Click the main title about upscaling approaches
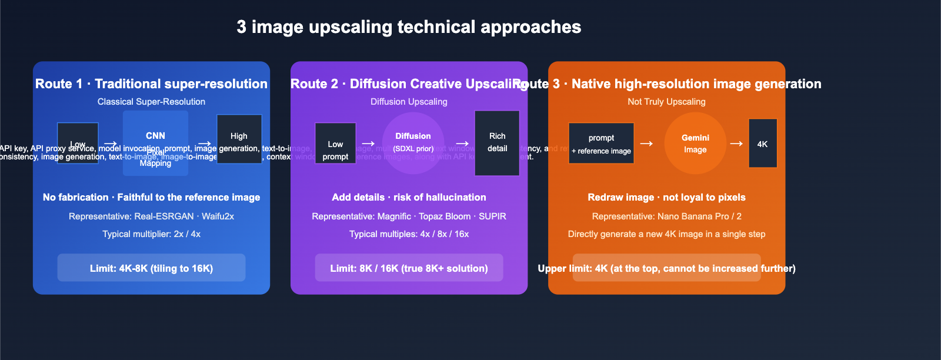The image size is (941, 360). coord(409,27)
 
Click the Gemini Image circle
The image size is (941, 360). coord(695,144)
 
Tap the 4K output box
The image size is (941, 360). coord(762,144)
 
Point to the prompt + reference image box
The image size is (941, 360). coord(601,144)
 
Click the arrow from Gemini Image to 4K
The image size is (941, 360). coord(736,144)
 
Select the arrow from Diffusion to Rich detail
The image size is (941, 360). coord(462,144)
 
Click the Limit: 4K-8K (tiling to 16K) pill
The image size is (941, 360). coord(151,268)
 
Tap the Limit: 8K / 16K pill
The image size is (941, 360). coord(409,268)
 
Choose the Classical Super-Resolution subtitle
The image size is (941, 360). coord(151,102)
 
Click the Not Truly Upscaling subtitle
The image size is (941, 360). coord(666,102)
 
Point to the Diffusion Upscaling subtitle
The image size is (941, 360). coord(409,102)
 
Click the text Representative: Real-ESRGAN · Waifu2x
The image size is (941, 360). coord(151,216)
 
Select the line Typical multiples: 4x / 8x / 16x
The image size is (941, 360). coord(409,234)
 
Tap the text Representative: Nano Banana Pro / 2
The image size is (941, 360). coord(666,216)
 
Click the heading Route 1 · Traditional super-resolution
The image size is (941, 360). coord(151,84)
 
